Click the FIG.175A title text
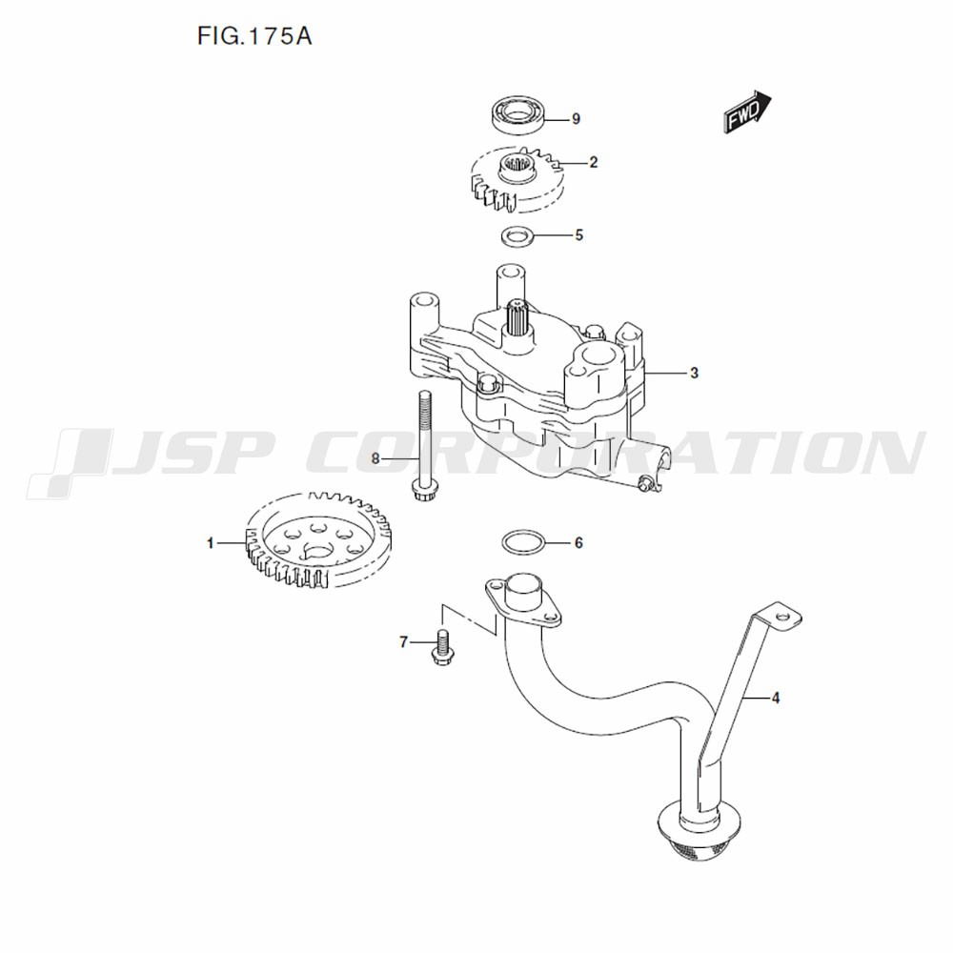(254, 36)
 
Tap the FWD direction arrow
(747, 112)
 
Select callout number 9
(577, 118)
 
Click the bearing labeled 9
(517, 114)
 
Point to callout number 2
(593, 162)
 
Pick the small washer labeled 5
(517, 235)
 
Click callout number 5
(579, 235)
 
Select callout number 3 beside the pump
(695, 374)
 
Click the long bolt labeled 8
(424, 445)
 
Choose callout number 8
(375, 458)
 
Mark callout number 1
(211, 543)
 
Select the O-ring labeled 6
(523, 542)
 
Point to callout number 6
(578, 542)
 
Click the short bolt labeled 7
(442, 648)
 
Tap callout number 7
(403, 641)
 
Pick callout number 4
(776, 699)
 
